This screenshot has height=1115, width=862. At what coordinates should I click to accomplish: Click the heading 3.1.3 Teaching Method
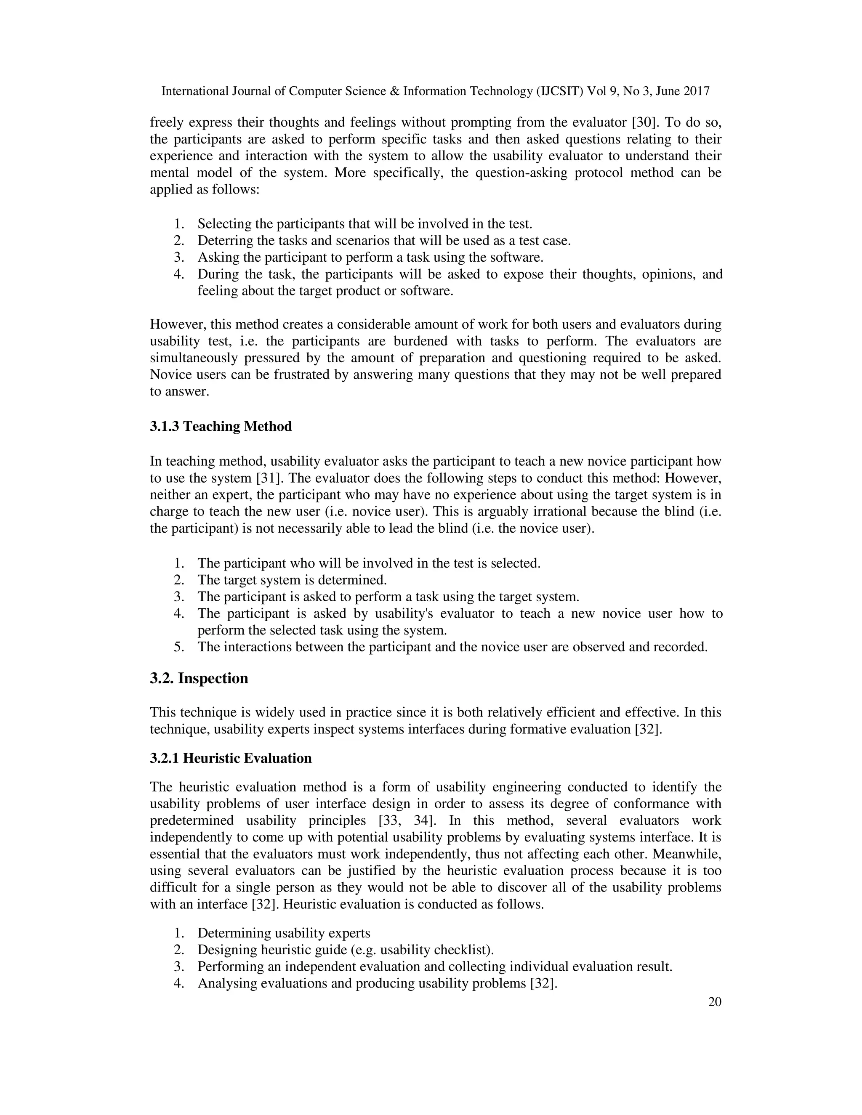pyautogui.click(x=221, y=426)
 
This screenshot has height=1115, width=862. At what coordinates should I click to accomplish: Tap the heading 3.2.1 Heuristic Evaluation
pyautogui.click(x=230, y=758)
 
